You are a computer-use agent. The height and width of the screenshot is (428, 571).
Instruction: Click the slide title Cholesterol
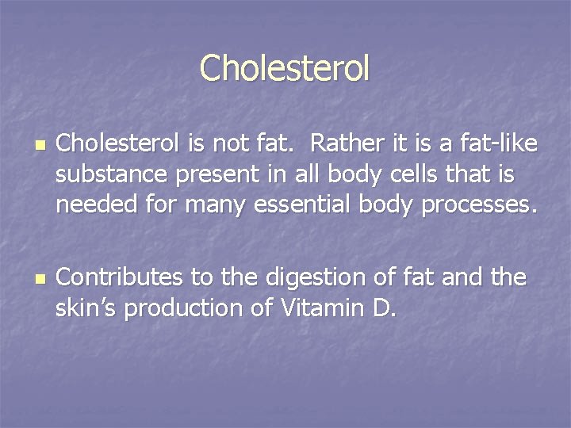point(285,68)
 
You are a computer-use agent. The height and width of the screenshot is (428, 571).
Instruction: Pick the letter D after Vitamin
point(381,308)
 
